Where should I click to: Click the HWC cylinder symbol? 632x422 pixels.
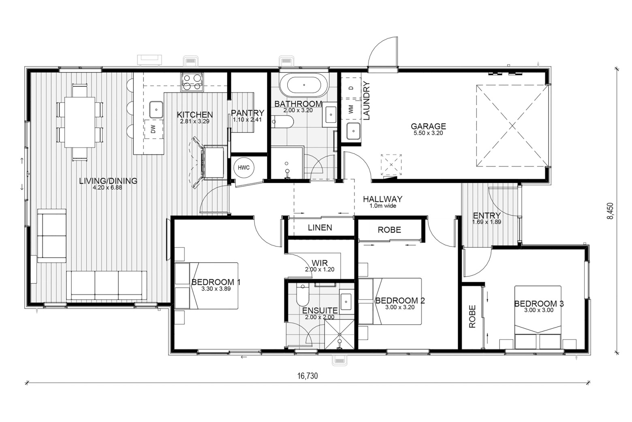pos(243,168)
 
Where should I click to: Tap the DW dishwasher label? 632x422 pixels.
pos(154,129)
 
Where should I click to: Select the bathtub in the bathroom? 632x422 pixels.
pos(304,85)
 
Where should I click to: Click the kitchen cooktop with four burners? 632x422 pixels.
pos(192,82)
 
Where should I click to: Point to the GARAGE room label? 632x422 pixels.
pos(428,126)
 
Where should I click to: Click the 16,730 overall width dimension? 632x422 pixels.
pos(307,376)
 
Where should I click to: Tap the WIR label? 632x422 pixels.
pos(320,263)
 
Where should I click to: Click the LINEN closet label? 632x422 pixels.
pos(320,227)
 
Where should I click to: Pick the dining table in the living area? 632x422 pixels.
pos(79,122)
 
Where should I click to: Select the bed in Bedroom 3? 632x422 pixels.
pos(538,317)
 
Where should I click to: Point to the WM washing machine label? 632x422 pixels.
pos(351,109)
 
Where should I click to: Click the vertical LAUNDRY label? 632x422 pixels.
pos(366,101)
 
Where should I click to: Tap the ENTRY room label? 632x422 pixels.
pos(487,216)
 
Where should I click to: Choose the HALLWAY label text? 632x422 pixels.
pos(382,199)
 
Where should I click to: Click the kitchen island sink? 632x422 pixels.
pos(156,109)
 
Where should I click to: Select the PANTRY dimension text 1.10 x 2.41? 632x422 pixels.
pos(247,120)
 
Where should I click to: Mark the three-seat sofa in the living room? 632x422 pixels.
pos(107,285)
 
